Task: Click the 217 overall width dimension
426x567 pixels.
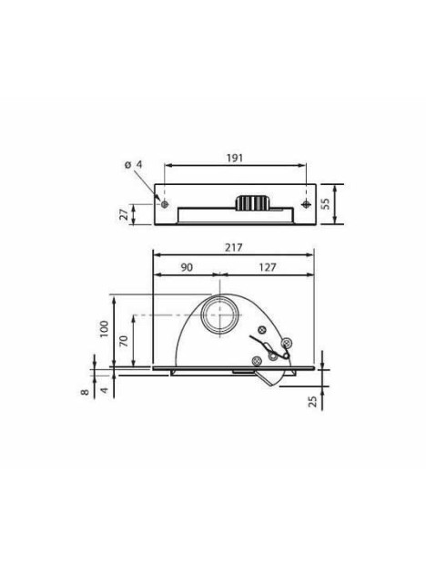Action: (x=236, y=247)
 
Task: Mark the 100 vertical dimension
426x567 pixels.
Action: (x=105, y=330)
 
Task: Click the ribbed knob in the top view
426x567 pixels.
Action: (x=251, y=202)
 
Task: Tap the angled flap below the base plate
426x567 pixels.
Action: (x=267, y=375)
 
